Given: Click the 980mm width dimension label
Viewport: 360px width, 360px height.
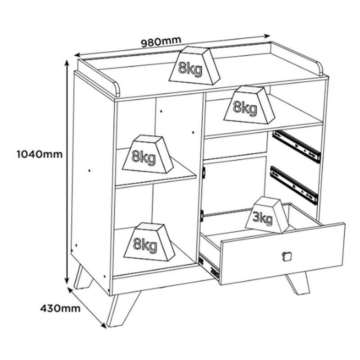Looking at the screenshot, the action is coord(161,41).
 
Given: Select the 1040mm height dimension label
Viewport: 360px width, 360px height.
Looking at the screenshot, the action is coord(40,154).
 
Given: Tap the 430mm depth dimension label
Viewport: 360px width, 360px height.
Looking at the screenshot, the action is coord(60,308).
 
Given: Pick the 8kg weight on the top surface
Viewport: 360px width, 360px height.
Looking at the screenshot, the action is coord(195,65).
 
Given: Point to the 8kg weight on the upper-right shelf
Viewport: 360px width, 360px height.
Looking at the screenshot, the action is coord(249,105).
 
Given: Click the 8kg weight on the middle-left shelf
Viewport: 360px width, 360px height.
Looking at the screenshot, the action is coord(148,154).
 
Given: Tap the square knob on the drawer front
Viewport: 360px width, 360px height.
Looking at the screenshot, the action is coord(287,256).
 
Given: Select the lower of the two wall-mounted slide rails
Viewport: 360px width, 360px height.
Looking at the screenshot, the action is coord(294,185).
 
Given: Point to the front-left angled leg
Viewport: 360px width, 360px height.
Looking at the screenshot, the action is coord(123,309).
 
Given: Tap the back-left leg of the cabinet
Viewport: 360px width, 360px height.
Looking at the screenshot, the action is coord(83,277).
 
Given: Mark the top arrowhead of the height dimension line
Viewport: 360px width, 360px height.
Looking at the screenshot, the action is coord(67,63).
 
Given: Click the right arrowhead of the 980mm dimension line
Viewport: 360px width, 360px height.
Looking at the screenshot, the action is coord(267,36).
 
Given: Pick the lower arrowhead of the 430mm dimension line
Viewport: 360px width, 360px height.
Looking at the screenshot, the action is coord(104,324).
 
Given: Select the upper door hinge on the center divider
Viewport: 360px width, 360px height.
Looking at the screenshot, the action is coord(203,172).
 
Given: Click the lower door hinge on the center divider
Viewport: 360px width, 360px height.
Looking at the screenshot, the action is coord(202,216).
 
